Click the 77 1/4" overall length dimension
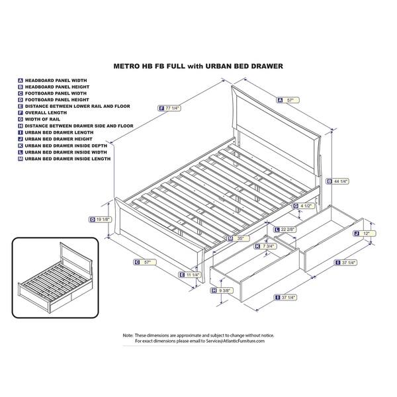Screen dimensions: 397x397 (170, 108)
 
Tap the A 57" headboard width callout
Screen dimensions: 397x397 (288, 100)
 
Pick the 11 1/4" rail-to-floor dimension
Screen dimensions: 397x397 (192, 275)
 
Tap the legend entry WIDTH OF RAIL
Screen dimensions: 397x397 (46, 118)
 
